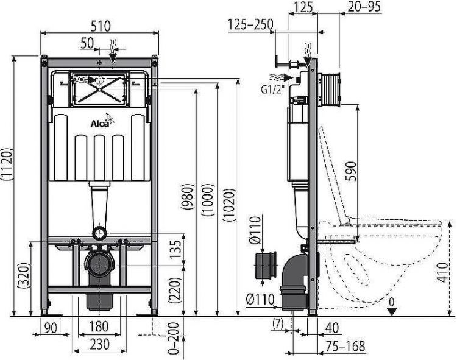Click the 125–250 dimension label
coord(250,25)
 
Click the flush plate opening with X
coord(101,90)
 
